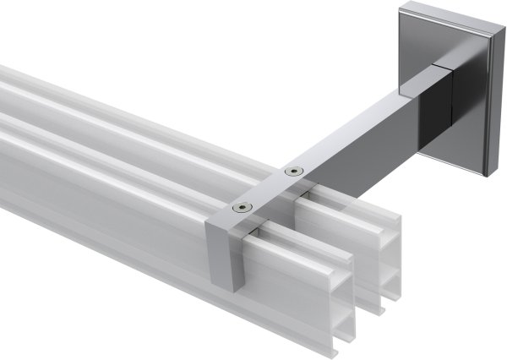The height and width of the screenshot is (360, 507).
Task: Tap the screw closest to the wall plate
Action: (293, 172)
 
